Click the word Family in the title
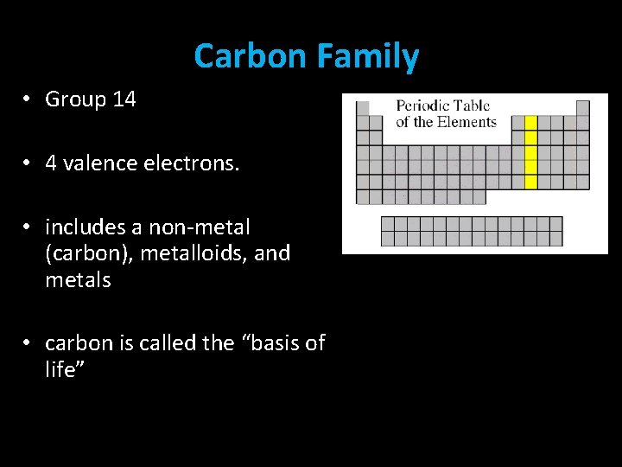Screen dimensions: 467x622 [367, 56]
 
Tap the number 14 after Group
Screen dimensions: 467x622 [124, 99]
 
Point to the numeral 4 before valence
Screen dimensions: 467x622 [51, 163]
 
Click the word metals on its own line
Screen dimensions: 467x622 [78, 280]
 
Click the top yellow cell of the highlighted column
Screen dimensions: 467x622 [531, 123]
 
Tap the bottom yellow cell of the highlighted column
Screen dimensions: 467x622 [531, 182]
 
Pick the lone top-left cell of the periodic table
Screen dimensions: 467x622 [364, 108]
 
